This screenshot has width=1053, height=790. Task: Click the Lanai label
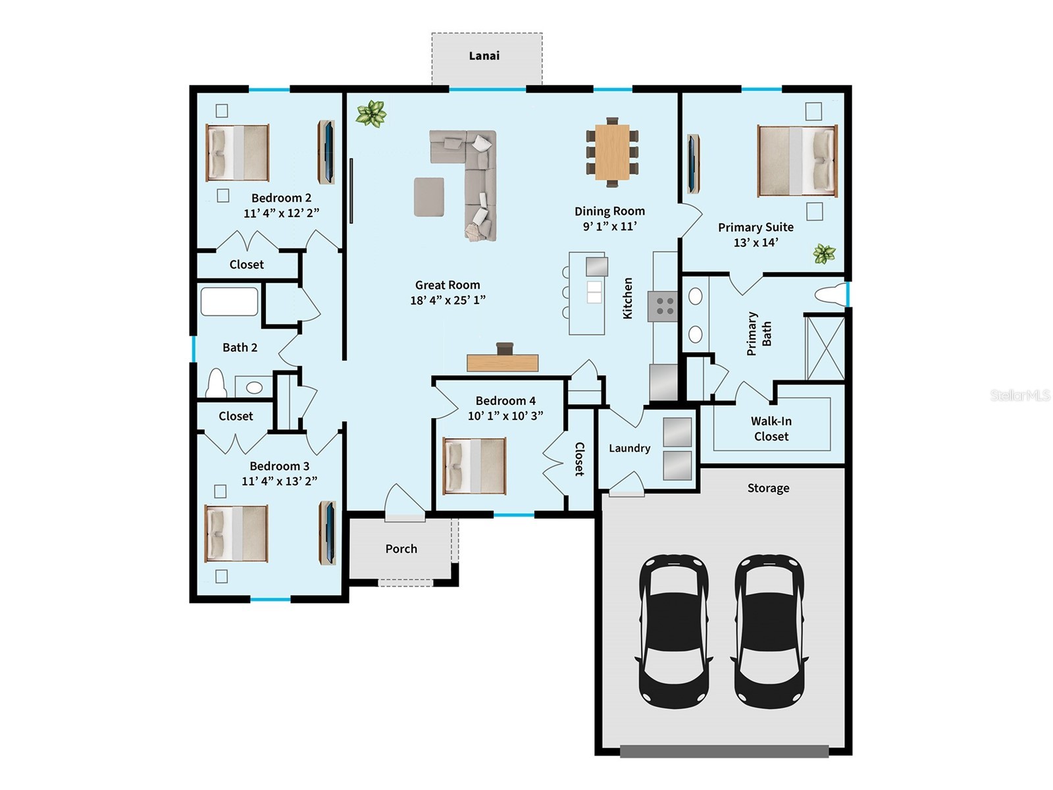[484, 56]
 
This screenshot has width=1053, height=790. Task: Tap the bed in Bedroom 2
[237, 153]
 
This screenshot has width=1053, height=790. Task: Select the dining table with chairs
[612, 153]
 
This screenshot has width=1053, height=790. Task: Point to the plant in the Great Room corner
[371, 113]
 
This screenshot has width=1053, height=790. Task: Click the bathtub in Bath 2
[228, 302]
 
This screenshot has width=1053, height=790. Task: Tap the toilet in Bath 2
[215, 384]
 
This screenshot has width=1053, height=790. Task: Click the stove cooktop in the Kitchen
[663, 306]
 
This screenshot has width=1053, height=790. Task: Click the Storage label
[768, 488]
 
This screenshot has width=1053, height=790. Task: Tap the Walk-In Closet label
[771, 429]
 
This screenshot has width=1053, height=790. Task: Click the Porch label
[401, 548]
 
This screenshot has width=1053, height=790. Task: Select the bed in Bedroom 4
[474, 466]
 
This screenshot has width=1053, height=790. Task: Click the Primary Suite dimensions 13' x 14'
[756, 242]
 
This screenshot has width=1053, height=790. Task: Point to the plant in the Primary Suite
[823, 253]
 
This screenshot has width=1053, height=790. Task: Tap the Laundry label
[629, 448]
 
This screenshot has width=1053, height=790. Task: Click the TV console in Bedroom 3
[328, 532]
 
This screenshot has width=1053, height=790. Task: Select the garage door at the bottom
[724, 751]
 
